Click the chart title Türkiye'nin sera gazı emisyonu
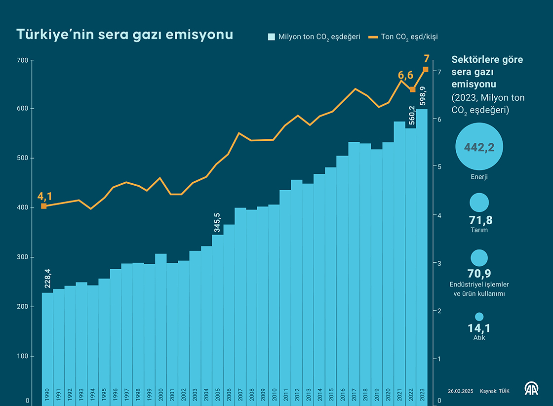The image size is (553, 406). click(124, 35)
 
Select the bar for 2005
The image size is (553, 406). click(218, 316)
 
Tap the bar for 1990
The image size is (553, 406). click(47, 346)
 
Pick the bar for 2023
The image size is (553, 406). click(422, 257)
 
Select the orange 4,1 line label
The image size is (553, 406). click(44, 196)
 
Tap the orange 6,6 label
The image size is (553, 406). click(405, 75)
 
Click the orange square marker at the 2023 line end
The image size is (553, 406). click(426, 69)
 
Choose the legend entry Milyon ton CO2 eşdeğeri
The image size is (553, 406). click(314, 37)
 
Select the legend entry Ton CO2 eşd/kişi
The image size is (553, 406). click(403, 37)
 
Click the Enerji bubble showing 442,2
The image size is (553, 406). click(479, 146)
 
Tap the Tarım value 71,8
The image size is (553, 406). click(478, 220)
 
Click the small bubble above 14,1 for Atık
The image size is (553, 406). click(479, 317)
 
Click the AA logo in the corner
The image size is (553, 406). click(531, 389)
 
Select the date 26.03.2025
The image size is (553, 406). click(461, 391)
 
